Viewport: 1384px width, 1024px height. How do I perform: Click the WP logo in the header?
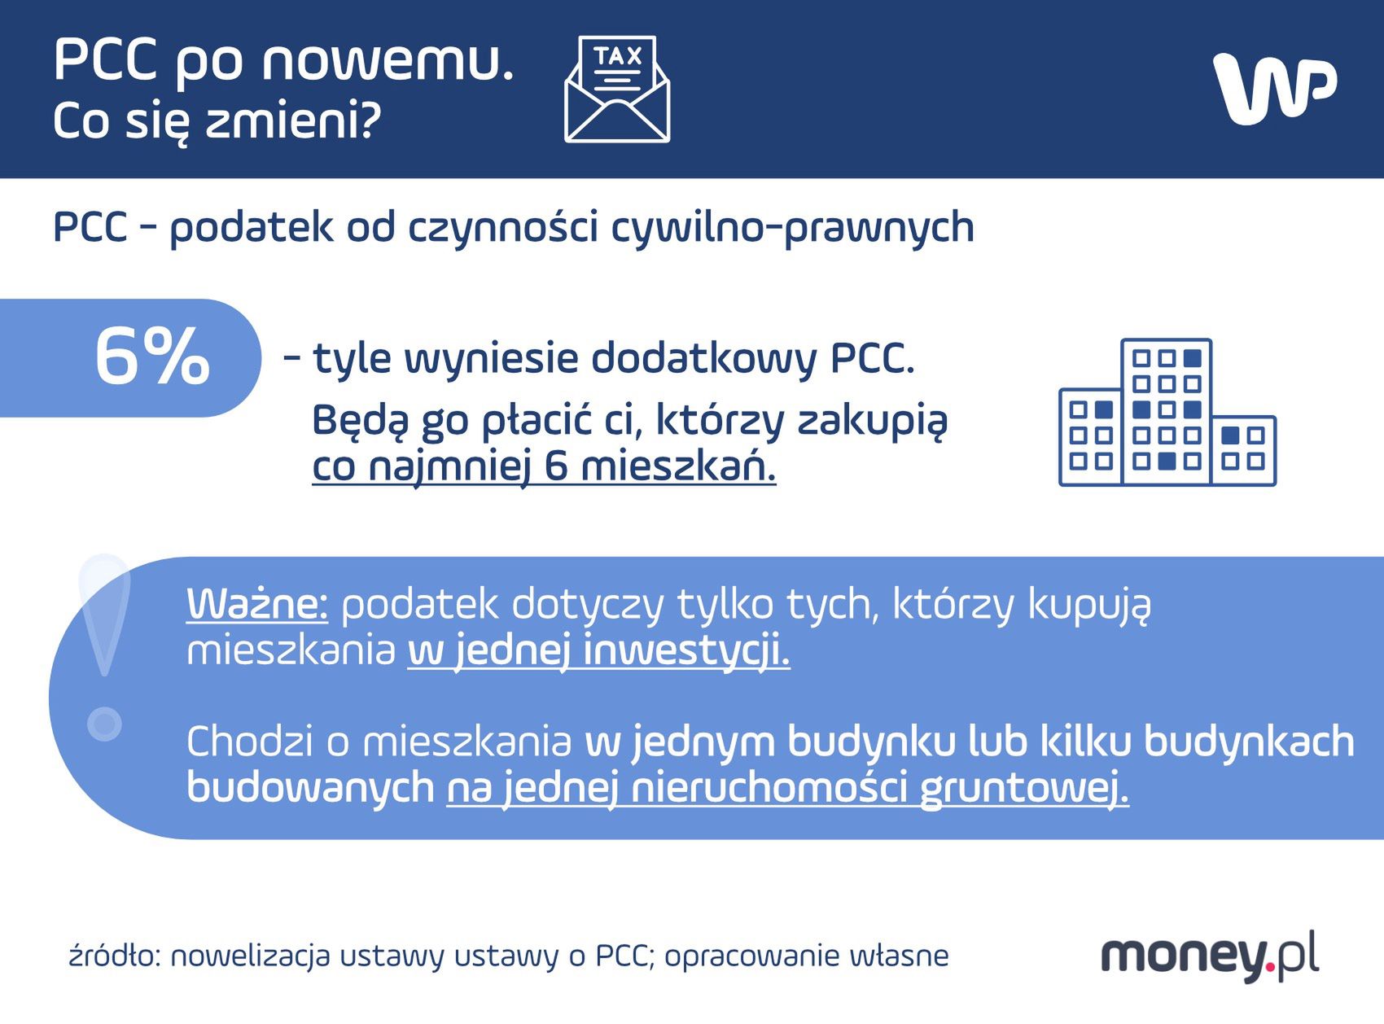(x=1275, y=88)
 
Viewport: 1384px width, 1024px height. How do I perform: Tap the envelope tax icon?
(x=617, y=90)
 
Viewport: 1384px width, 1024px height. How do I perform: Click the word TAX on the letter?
(x=618, y=56)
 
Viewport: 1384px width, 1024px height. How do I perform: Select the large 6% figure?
(x=152, y=357)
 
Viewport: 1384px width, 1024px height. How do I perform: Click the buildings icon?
(x=1167, y=413)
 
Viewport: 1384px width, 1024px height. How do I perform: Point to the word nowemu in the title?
(x=388, y=60)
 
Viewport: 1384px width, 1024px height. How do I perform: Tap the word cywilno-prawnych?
(x=792, y=226)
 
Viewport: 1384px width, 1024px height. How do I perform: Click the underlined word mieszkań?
(x=678, y=466)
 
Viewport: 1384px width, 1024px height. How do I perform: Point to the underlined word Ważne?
(x=257, y=604)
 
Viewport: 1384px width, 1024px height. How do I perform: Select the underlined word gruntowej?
(x=1024, y=788)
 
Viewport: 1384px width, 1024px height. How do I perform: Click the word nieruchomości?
(x=769, y=788)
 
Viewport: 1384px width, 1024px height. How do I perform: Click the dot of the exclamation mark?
(x=104, y=723)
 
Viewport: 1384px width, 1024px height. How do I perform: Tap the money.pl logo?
(x=1210, y=954)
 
